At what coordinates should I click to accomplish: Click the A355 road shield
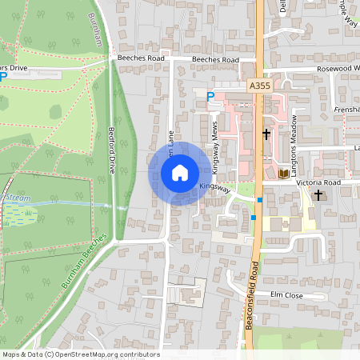pos(258,85)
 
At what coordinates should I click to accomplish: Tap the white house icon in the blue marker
pos(180,173)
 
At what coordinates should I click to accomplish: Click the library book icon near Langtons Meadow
pos(283,173)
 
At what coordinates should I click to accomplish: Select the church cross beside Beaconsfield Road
pos(266,134)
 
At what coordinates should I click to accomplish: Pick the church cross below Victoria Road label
pos(318,194)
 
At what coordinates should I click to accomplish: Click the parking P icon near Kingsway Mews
pos(211,96)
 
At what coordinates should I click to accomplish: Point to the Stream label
pos(18,196)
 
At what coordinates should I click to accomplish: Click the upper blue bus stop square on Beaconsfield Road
pos(260,199)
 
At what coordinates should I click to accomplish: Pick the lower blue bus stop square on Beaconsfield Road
pos(253,217)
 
